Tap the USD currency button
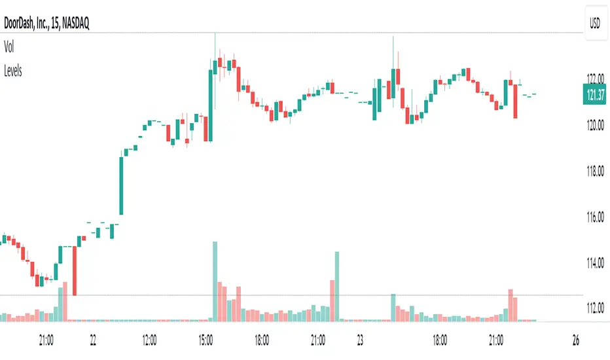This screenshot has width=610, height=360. point(595,24)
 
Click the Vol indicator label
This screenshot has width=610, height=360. point(9,48)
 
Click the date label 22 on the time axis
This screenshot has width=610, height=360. point(94,340)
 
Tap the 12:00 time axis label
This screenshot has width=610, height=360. point(149,340)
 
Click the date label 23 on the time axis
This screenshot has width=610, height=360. point(361,340)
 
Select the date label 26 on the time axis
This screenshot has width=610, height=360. point(576,340)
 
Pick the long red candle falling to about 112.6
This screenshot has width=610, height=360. point(75,271)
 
